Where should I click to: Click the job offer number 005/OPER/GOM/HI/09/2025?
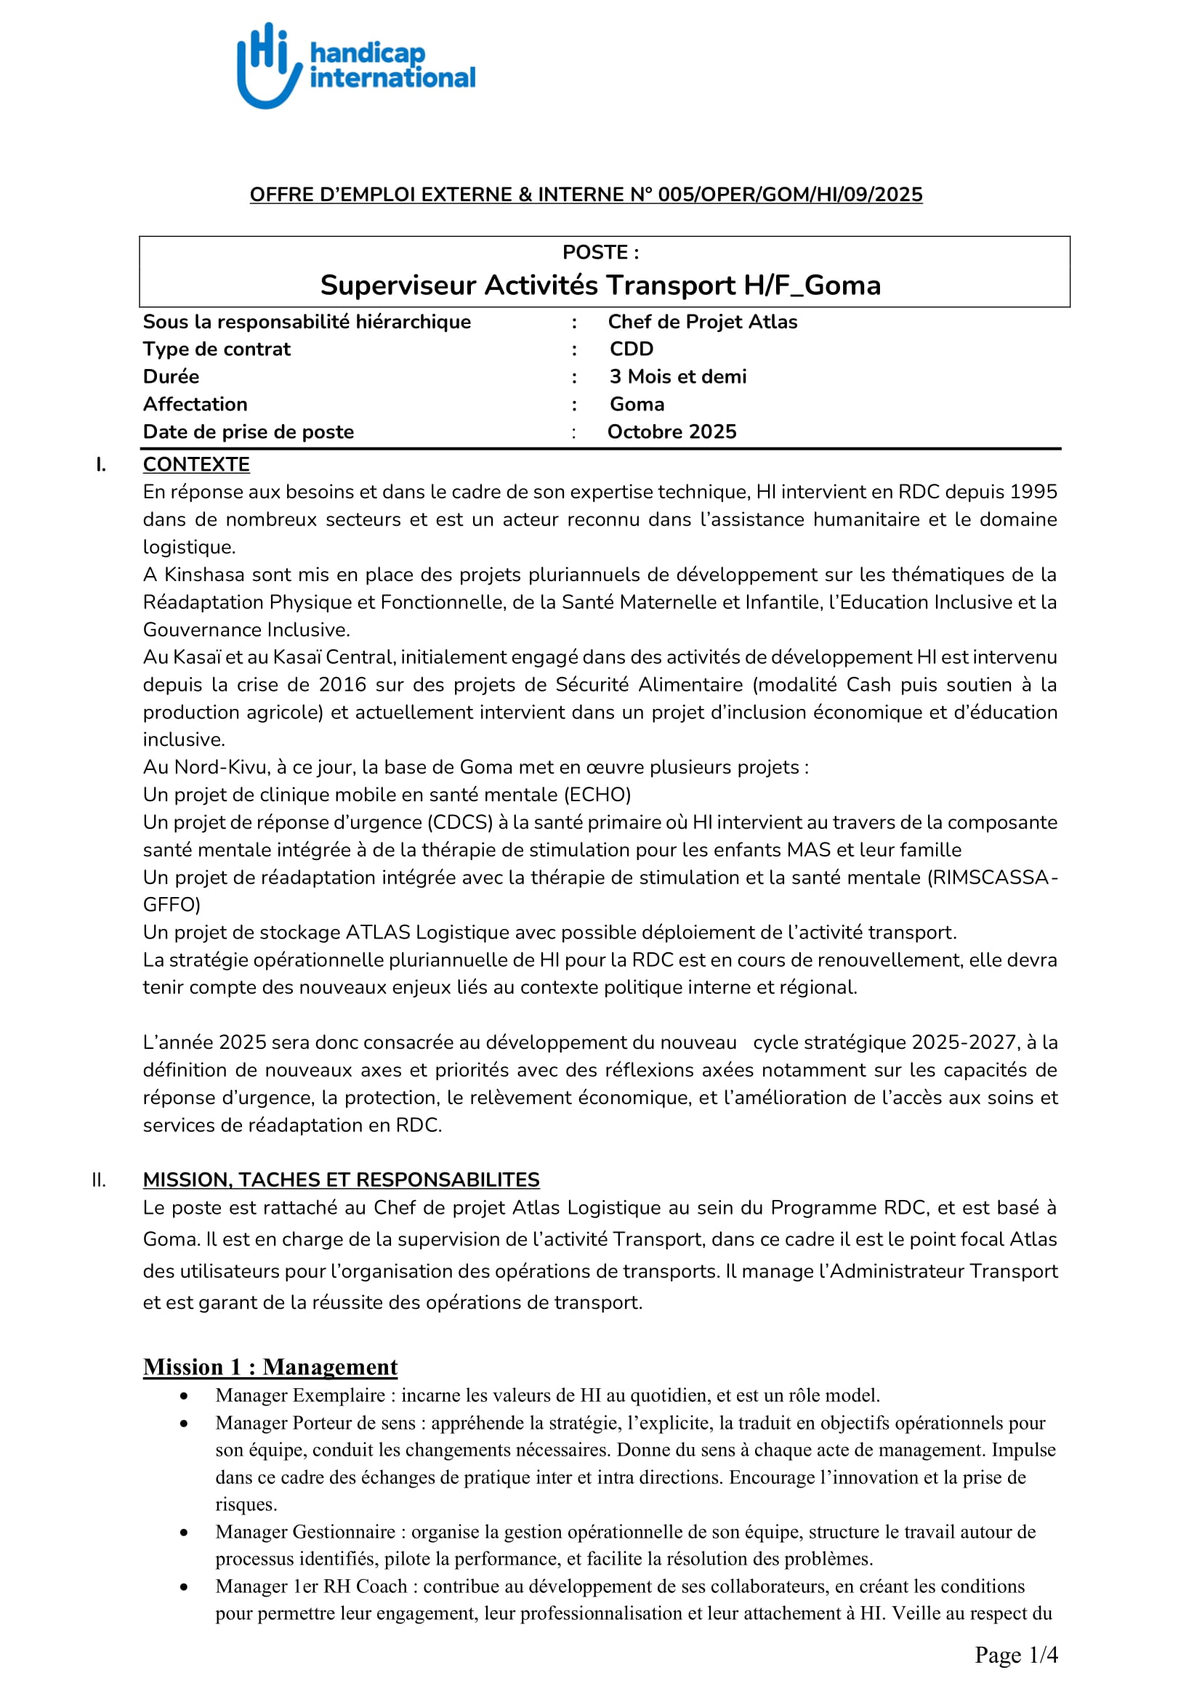coord(790,195)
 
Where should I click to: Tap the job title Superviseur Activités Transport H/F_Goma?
coord(600,285)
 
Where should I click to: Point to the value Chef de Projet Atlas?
coord(703,322)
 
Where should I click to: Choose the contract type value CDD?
coord(632,349)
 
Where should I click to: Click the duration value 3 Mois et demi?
coord(677,377)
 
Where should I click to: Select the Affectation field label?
coord(195,404)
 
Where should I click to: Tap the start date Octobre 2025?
coord(672,432)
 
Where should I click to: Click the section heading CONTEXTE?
coord(196,465)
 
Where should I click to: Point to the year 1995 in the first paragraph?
coord(1033,492)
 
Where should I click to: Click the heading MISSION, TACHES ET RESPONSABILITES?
coord(342,1180)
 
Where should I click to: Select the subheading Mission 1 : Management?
coord(270,1367)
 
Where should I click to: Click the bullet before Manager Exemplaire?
coord(184,1396)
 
